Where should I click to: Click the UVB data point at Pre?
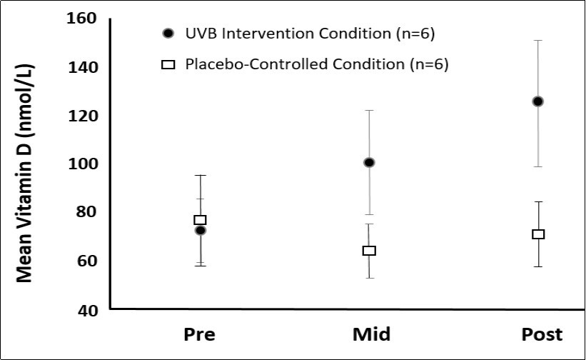(x=201, y=230)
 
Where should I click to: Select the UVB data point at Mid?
(x=369, y=163)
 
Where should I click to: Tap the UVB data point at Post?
(x=537, y=101)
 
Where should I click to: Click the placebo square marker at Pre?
(x=201, y=220)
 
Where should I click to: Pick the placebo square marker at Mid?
(x=369, y=251)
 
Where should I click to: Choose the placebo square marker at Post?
(x=537, y=234)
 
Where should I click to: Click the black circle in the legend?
(x=168, y=34)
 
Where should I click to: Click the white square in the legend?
(x=168, y=64)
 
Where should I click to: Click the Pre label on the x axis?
(x=200, y=334)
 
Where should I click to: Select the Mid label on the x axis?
(x=371, y=334)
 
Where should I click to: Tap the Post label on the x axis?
(x=541, y=334)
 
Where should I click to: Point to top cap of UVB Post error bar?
(x=537, y=41)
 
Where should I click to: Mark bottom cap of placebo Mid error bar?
(x=369, y=277)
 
